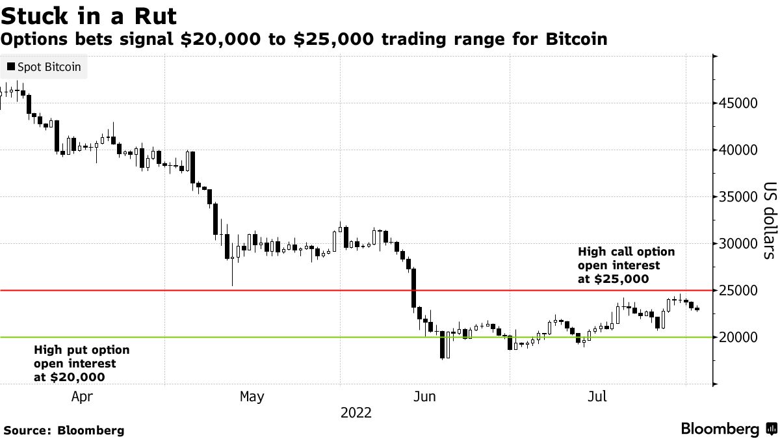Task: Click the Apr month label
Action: (x=82, y=397)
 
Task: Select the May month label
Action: (x=252, y=397)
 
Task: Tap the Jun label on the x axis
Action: (x=425, y=397)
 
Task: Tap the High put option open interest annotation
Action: (x=81, y=364)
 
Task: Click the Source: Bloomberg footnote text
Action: (x=64, y=431)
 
